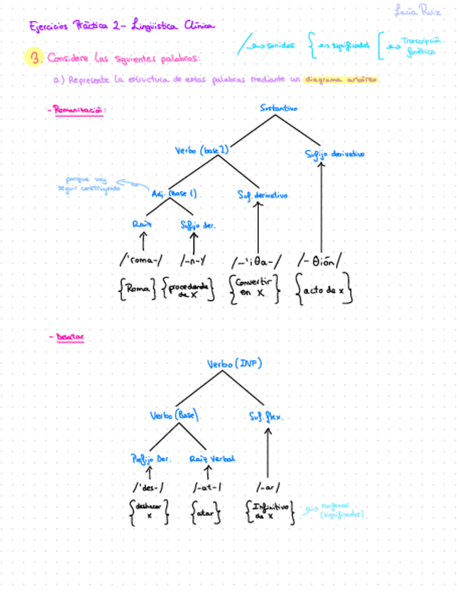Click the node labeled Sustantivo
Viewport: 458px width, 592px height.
pos(279,108)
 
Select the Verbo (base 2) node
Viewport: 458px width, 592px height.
pos(201,150)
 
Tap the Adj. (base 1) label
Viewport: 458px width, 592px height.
pos(174,193)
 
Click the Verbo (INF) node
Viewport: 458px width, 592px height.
pos(234,363)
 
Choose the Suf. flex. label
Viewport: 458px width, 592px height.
pos(266,417)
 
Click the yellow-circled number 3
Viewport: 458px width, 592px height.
pos(33,57)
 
